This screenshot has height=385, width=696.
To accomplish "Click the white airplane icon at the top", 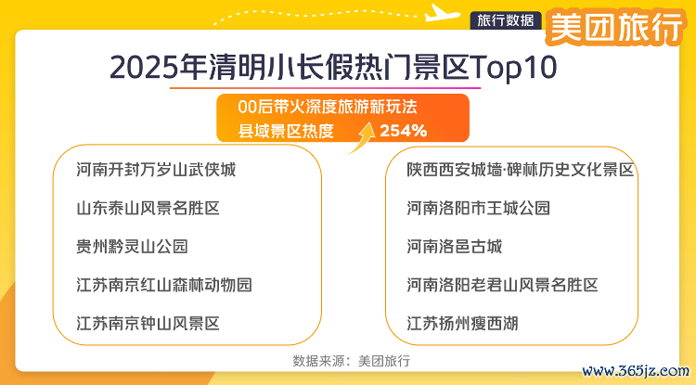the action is [x=442, y=13].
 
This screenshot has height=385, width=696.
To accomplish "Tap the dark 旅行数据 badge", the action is [x=506, y=20].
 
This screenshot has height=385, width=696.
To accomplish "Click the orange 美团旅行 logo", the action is [x=615, y=27].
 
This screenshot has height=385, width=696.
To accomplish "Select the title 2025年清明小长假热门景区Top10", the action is [x=333, y=68].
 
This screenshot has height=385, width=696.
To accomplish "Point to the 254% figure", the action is [x=403, y=131].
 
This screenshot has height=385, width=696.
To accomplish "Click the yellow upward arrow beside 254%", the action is [x=361, y=137].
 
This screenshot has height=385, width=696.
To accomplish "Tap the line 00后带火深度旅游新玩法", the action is [x=328, y=107].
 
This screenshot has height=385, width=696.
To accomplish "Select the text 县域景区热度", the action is [x=286, y=131].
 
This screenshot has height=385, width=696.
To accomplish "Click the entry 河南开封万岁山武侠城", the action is [x=156, y=170].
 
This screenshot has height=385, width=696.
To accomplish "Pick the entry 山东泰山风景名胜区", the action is [x=148, y=208].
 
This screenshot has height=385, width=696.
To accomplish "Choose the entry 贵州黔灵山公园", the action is [x=133, y=246].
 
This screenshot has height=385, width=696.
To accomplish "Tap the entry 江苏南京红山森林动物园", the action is [x=164, y=285].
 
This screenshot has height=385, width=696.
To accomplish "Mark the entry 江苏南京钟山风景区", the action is [x=148, y=324].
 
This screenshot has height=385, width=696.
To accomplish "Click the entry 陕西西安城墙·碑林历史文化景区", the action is [x=521, y=170].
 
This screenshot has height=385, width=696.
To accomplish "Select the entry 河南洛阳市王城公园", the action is [x=479, y=208].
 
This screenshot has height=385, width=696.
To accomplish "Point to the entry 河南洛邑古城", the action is [x=455, y=246].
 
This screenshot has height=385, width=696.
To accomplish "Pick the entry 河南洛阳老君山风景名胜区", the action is [x=502, y=285].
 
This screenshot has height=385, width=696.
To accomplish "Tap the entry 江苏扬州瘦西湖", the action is [x=462, y=324].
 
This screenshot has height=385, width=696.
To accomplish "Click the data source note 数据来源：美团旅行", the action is [x=352, y=361].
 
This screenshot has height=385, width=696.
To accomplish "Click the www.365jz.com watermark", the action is [x=636, y=371].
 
